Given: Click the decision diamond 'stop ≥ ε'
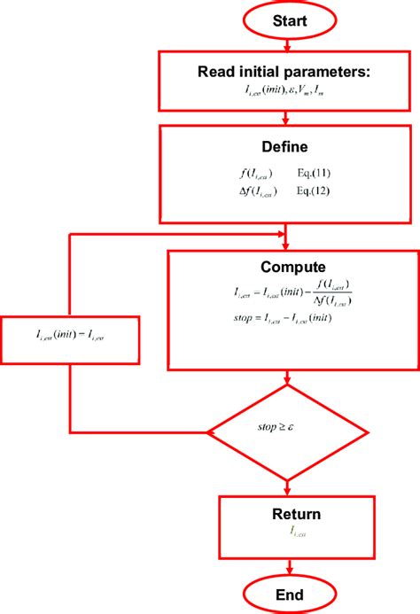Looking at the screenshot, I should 287,432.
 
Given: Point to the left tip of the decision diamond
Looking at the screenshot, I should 210,432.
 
